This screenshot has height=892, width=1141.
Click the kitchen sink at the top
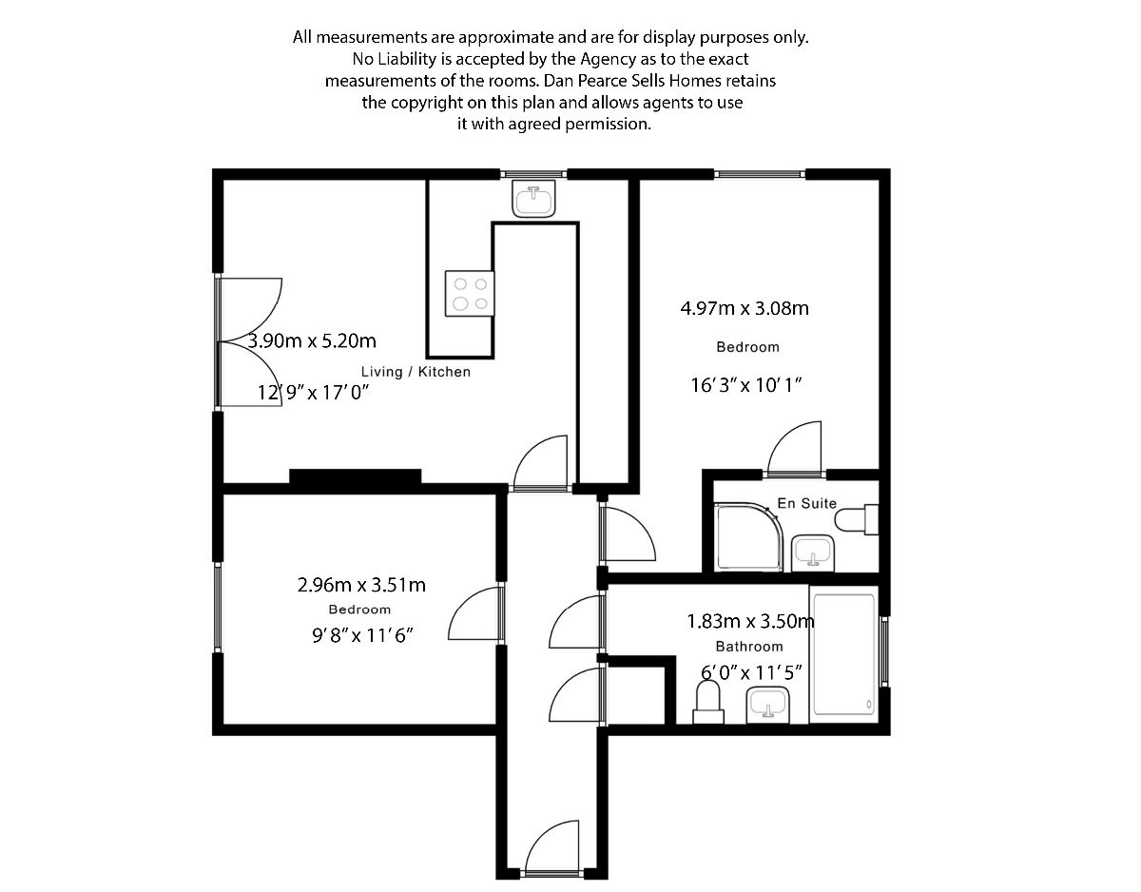coord(533,201)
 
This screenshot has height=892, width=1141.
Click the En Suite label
coord(806,503)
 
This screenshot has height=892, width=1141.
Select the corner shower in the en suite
coord(746,538)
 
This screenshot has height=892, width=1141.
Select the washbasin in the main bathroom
coord(767,706)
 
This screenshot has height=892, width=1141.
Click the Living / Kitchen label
coord(416,372)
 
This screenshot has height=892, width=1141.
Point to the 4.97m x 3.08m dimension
coord(745,308)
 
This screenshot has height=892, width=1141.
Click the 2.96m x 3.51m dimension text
coord(361,585)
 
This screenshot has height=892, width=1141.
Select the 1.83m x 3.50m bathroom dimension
coord(750,622)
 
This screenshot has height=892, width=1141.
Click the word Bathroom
coord(749,647)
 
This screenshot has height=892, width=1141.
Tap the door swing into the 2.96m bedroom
coord(475,613)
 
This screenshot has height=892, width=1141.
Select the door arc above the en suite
coord(794,449)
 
